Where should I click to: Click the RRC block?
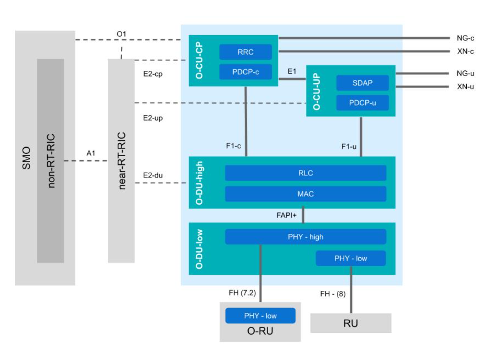point(245,52)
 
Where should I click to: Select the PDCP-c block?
point(245,72)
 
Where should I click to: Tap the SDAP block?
point(362,83)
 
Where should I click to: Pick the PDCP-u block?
point(362,103)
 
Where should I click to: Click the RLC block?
point(306,173)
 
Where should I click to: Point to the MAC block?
point(306,194)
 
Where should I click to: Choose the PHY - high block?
point(306,236)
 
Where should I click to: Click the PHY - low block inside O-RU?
point(260,315)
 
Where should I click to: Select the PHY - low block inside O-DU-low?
point(351,258)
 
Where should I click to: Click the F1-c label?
point(233,146)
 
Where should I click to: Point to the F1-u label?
point(349,146)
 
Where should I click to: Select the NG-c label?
point(466,38)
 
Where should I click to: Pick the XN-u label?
point(466,87)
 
